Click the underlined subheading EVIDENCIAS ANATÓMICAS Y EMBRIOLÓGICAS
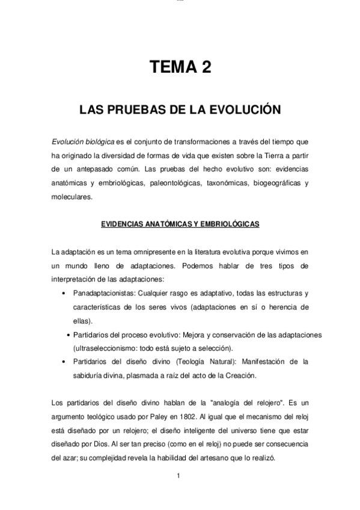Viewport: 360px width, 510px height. (x=180, y=224)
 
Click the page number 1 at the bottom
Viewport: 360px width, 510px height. (x=179, y=477)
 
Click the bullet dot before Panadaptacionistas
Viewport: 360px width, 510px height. (x=64, y=293)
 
